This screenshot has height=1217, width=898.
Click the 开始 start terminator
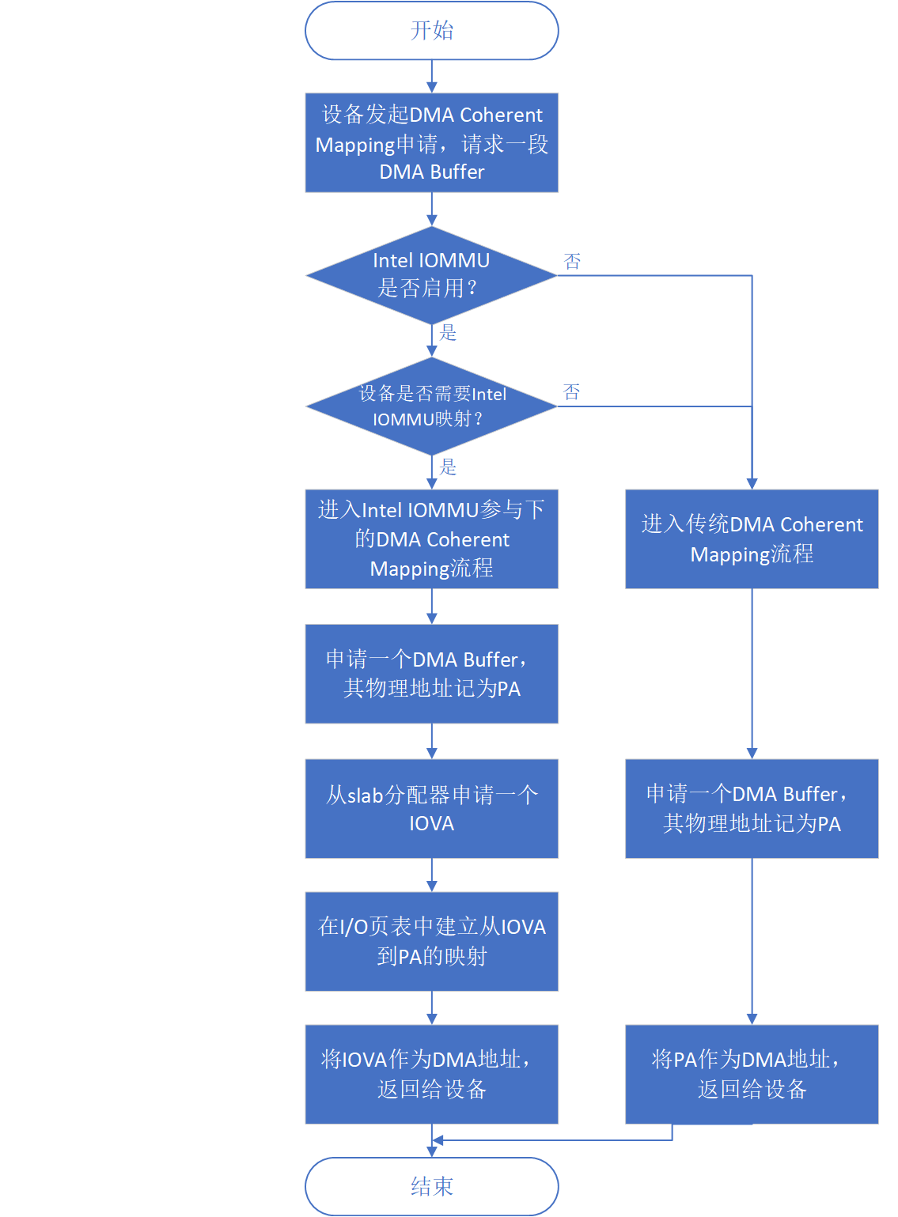[x=431, y=31]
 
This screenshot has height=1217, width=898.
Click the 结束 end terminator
[x=431, y=1186]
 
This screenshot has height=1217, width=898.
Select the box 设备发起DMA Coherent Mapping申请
[x=431, y=143]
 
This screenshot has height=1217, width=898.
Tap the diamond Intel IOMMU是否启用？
[x=431, y=275]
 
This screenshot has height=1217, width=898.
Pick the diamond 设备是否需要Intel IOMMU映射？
[x=431, y=406]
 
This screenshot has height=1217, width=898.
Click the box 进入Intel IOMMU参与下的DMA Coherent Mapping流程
[x=431, y=539]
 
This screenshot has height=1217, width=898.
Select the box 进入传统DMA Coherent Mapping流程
[x=752, y=539]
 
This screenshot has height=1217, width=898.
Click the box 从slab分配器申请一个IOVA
[x=431, y=808]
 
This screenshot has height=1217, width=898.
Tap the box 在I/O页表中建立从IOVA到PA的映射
[x=431, y=941]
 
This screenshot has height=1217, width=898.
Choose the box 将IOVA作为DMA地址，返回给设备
[x=431, y=1074]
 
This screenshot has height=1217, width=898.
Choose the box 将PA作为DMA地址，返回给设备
[x=752, y=1074]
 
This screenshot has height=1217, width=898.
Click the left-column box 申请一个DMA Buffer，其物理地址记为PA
[x=431, y=674]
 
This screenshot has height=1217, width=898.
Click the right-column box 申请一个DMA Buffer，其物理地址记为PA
[x=752, y=808]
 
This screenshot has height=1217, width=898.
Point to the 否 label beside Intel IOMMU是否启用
[x=572, y=262]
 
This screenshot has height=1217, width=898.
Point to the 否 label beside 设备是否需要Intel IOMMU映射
[x=572, y=392]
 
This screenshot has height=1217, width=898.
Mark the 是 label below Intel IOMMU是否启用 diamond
[x=449, y=333]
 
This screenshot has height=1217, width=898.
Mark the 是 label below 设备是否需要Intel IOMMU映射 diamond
[x=449, y=467]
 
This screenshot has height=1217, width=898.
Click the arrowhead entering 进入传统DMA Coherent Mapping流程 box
[x=752, y=484]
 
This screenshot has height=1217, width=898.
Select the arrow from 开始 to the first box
[x=431, y=77]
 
